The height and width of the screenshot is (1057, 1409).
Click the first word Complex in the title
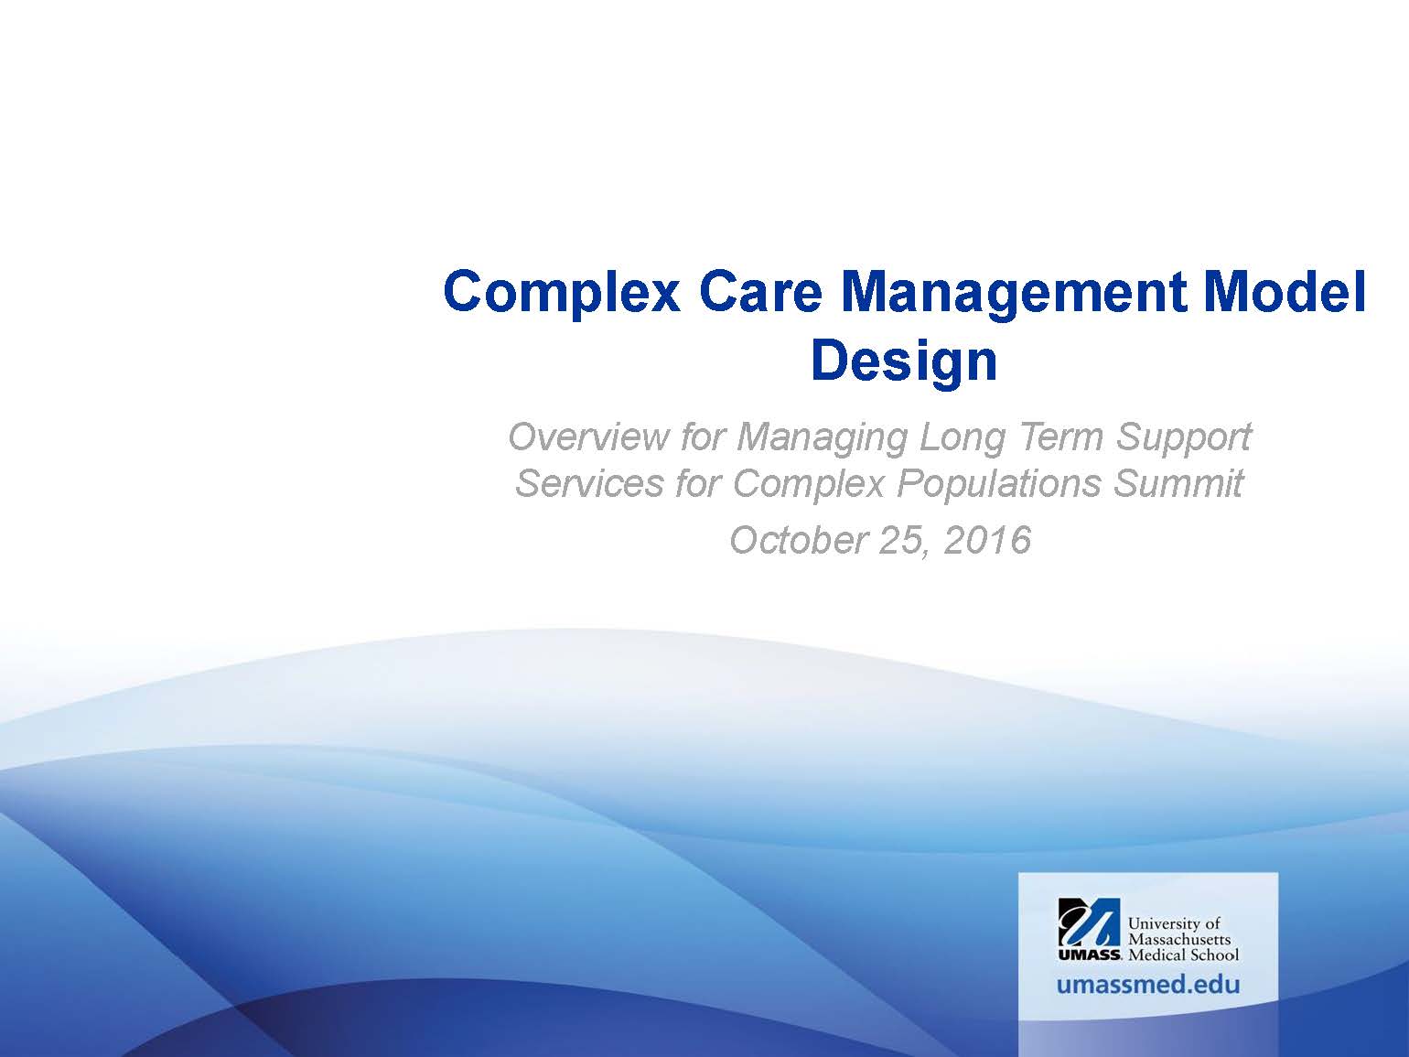(562, 293)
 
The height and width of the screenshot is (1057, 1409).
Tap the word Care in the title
(760, 291)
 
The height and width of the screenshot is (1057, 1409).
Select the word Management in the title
(1014, 293)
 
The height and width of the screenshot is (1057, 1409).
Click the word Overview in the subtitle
(588, 437)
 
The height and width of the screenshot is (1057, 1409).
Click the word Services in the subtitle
(589, 483)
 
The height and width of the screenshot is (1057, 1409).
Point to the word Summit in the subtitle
(1178, 483)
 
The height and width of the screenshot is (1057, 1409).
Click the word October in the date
(799, 540)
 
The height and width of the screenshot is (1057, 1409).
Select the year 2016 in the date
(987, 540)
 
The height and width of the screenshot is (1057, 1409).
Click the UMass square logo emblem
(1089, 922)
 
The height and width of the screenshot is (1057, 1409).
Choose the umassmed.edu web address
(1147, 985)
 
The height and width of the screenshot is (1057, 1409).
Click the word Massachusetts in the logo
(1179, 939)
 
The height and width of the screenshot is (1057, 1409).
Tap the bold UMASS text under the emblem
(1090, 955)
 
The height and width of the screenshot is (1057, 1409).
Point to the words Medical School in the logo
(1184, 955)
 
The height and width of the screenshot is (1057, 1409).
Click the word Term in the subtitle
(1061, 437)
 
